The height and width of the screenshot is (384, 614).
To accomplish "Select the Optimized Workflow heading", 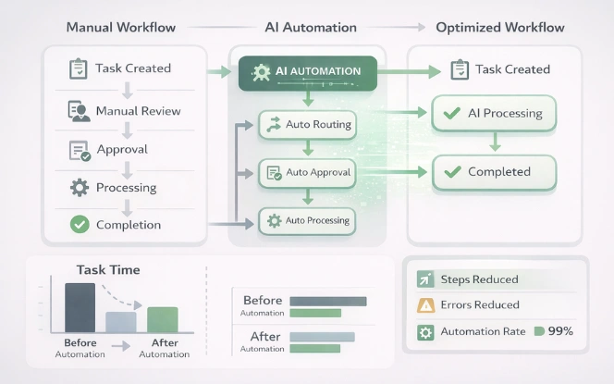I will [x=499, y=27].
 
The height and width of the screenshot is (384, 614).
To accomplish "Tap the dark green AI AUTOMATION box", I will [x=307, y=72].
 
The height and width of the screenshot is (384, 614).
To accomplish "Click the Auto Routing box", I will [x=307, y=124].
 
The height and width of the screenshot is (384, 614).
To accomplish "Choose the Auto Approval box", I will [x=307, y=172].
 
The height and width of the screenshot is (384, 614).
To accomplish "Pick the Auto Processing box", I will [x=307, y=220].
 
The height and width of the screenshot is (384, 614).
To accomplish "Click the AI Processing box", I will [x=494, y=114].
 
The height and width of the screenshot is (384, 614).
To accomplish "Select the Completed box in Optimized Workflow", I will [x=494, y=172].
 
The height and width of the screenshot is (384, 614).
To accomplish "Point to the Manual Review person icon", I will [x=80, y=112].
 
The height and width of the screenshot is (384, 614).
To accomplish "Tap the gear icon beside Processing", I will [x=80, y=188].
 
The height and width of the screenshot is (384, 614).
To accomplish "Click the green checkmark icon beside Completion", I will [x=80, y=224].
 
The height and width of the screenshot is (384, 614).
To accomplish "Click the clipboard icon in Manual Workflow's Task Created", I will [x=80, y=69].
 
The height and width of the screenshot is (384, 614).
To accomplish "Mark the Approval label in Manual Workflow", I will [x=121, y=150].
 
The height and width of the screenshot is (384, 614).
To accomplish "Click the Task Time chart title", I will [x=108, y=270].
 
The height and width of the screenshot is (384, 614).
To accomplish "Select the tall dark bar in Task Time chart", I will [x=80, y=307].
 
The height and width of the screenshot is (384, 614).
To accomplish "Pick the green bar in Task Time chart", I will [x=162, y=319].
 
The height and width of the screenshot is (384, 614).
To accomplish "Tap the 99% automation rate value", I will [x=560, y=331].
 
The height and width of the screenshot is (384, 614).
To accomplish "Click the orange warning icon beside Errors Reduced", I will [x=425, y=305].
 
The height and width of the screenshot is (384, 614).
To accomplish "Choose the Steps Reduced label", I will [x=479, y=279].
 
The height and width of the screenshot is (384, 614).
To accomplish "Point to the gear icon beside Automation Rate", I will [x=425, y=331].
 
